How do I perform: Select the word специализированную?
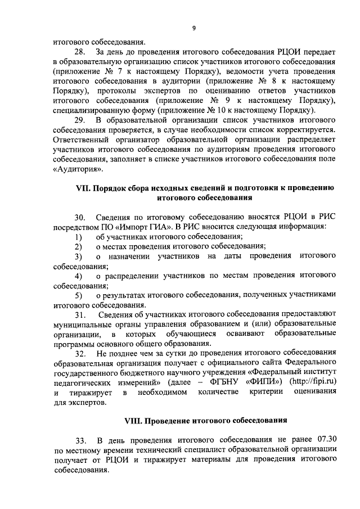click(x=91, y=110)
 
